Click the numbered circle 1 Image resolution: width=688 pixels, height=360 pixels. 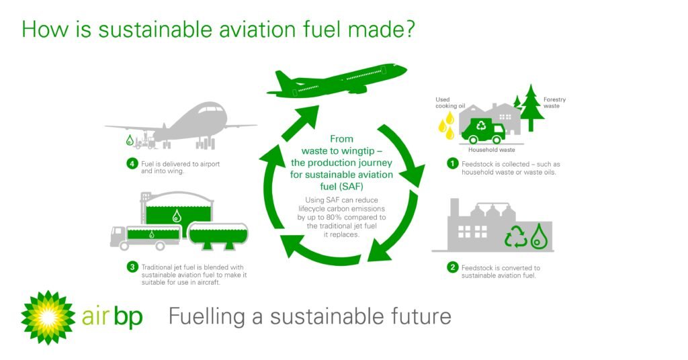[454, 164]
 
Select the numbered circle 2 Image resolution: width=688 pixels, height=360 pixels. [454, 268]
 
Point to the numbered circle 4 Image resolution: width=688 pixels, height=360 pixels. [132, 163]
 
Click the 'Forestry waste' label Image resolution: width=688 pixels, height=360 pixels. [554, 103]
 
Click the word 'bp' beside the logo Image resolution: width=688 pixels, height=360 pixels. [128, 316]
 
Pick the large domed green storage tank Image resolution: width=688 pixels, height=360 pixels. [176, 209]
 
